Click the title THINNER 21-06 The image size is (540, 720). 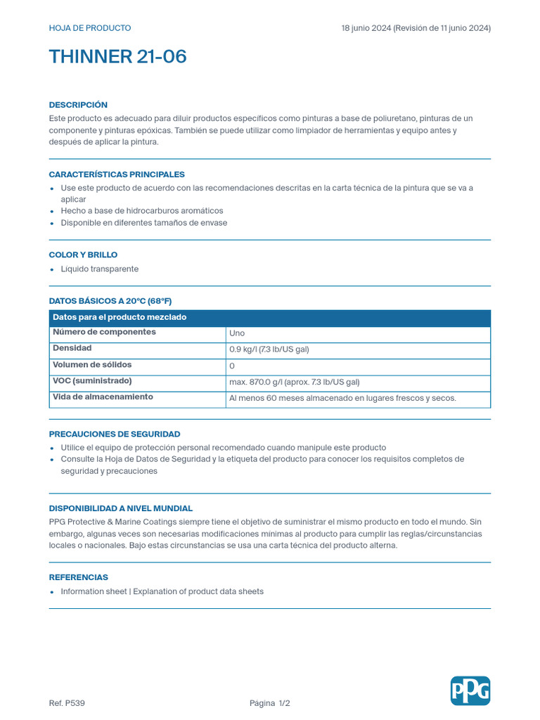(117, 57)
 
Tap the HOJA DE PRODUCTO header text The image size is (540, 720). (89, 28)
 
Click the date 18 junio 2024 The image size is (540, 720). (365, 28)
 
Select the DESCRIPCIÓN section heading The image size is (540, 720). (78, 105)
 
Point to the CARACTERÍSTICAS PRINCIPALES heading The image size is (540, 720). (117, 174)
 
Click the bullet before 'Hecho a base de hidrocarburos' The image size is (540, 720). (52, 212)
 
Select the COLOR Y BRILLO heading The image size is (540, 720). (83, 255)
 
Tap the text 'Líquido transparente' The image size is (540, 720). (99, 269)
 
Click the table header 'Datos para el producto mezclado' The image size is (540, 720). (120, 317)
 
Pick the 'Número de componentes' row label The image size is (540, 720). (104, 332)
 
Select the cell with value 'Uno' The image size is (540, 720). (237, 333)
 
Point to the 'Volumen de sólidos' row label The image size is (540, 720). (92, 365)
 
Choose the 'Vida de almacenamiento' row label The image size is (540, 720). (103, 397)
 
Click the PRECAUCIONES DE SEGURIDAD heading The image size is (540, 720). (114, 434)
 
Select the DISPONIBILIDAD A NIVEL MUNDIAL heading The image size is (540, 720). (120, 508)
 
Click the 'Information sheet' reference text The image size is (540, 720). (94, 591)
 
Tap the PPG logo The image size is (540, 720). (470, 690)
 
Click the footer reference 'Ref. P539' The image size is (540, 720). (67, 703)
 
